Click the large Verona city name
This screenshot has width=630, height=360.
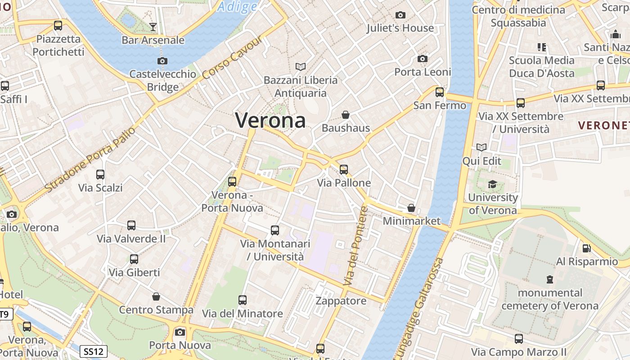click(x=270, y=120)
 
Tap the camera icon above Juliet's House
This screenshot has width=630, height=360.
click(x=400, y=15)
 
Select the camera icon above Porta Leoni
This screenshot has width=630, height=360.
click(x=422, y=59)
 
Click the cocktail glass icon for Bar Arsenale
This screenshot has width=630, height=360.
click(x=153, y=27)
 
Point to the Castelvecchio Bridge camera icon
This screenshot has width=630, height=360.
click(x=162, y=61)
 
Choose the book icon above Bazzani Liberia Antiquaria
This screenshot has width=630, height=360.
click(x=301, y=67)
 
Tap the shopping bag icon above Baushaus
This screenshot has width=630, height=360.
click(x=346, y=115)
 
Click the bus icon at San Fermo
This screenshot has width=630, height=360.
click(x=440, y=92)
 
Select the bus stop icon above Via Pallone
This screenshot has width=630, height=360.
click(x=344, y=170)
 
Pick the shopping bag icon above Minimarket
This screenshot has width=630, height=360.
click(x=411, y=208)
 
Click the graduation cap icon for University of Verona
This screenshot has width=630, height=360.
click(x=493, y=184)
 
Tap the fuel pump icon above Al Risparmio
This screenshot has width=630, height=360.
click(x=587, y=248)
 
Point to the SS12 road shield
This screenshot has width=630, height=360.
click(x=94, y=351)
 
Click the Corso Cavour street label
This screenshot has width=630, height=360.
click(x=232, y=57)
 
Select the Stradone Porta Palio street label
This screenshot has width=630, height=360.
click(x=90, y=158)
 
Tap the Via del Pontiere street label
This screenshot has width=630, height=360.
click(x=355, y=246)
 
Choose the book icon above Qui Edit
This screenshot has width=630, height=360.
click(x=481, y=148)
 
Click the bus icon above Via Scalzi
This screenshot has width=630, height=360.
click(x=100, y=175)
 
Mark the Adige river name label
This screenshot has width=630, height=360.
click(x=238, y=6)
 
